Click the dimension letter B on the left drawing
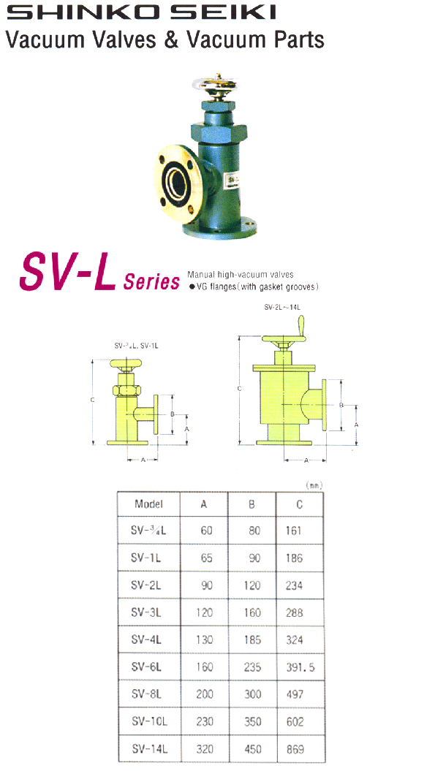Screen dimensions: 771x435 click(x=171, y=414)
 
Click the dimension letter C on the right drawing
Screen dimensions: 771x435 click(x=239, y=389)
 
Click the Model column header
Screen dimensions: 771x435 click(x=148, y=504)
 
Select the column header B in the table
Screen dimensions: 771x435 click(x=252, y=504)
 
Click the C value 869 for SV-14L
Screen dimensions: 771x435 click(x=295, y=749)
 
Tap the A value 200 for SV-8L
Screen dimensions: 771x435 click(x=205, y=694)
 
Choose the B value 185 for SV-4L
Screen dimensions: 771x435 click(x=252, y=639)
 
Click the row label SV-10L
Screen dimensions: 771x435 click(x=149, y=721)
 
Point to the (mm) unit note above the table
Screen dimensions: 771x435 click(x=314, y=485)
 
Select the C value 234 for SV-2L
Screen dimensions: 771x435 click(x=295, y=585)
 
